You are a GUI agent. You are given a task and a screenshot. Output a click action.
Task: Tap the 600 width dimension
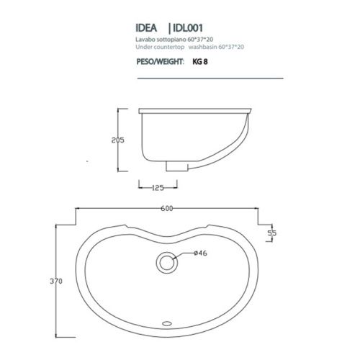coord(168,210)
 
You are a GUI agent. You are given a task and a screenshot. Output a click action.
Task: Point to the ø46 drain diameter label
coord(202,253)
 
